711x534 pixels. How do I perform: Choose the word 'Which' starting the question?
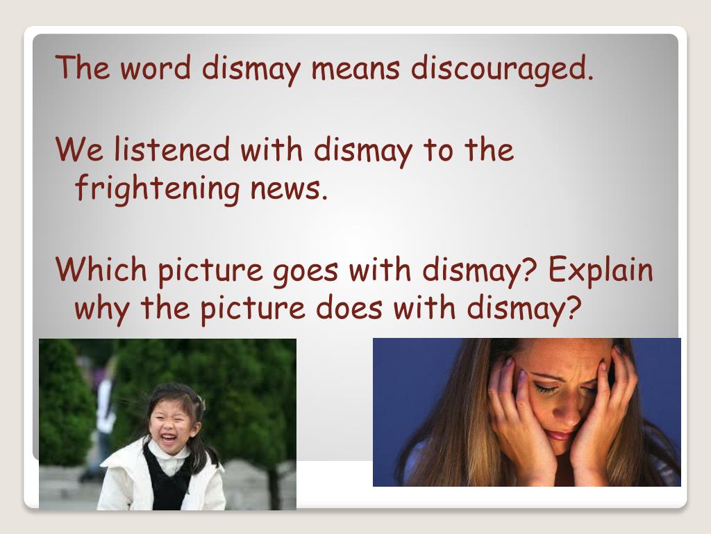tap(101, 270)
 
